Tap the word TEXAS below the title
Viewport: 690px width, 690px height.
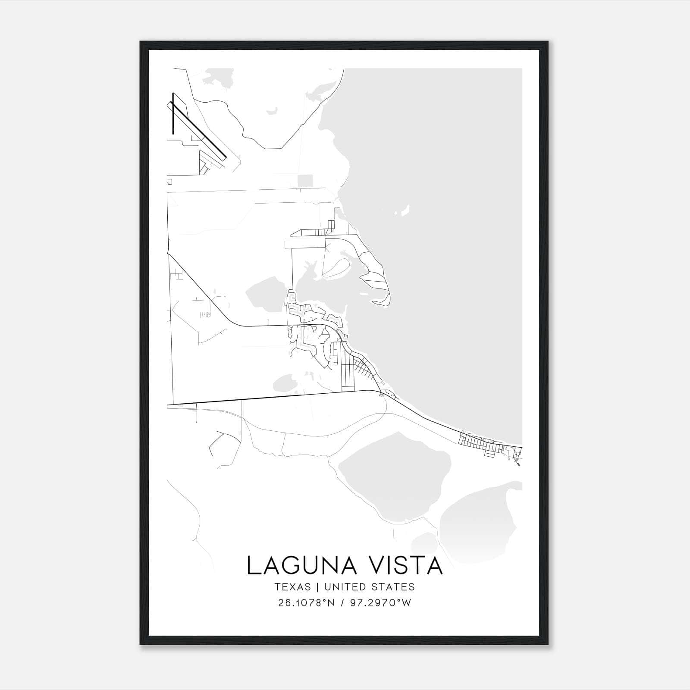pos(292,587)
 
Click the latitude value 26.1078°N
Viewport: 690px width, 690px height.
pos(307,603)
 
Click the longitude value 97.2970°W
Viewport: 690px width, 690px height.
pos(381,603)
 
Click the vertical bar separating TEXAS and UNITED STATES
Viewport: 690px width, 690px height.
pos(317,587)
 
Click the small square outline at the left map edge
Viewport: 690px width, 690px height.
pos(170,182)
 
